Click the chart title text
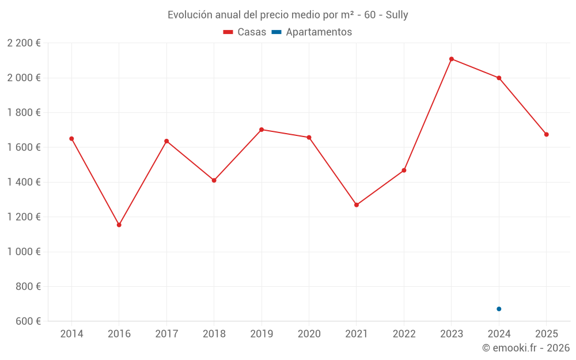click(x=287, y=15)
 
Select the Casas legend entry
click(x=245, y=32)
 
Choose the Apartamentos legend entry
click(x=312, y=32)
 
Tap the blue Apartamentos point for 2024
click(x=499, y=309)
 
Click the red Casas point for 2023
click(x=452, y=59)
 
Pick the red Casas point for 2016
click(x=119, y=225)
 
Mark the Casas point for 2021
click(x=357, y=205)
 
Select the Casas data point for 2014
click(x=71, y=139)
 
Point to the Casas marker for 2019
click(x=262, y=130)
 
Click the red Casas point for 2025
click(x=547, y=135)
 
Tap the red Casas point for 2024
click(x=499, y=78)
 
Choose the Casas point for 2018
click(x=214, y=180)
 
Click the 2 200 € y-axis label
click(x=24, y=43)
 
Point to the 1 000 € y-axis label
click(x=24, y=252)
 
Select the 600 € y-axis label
click(x=26, y=321)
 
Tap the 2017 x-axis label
click(x=166, y=334)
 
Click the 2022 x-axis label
click(x=404, y=334)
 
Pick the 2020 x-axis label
click(x=309, y=334)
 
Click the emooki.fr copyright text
click(x=526, y=348)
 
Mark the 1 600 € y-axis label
click(x=24, y=147)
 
